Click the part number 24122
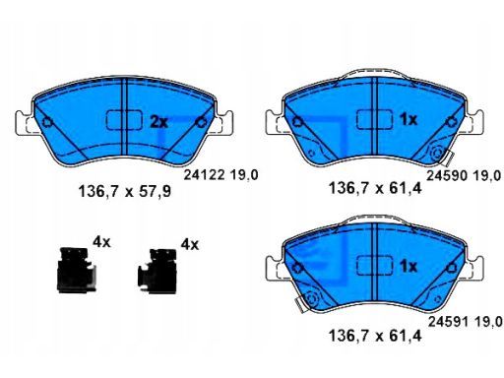pos(204,174)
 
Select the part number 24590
pos(447,176)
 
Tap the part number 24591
pos(449,322)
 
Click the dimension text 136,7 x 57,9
pos(125,191)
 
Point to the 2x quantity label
pos(158,122)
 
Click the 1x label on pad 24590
pos(409,120)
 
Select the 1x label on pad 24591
pos(409,267)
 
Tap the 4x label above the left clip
pos(101,242)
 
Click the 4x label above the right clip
pos(190,244)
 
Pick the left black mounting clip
pos(77,270)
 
